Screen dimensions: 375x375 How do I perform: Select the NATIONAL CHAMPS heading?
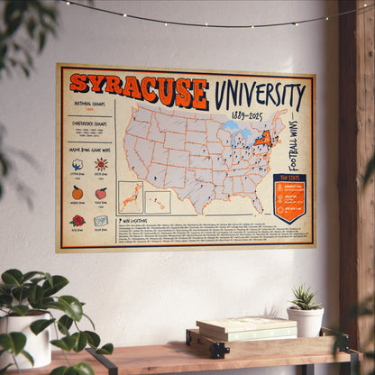[x=88, y=106]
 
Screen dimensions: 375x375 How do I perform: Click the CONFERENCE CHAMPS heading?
[x=88, y=123]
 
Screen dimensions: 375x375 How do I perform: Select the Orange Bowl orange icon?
[x=78, y=192]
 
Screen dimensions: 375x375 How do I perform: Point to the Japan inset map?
[x=130, y=197]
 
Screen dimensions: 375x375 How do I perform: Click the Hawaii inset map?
[x=158, y=201]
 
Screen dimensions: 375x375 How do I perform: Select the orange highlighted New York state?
[x=266, y=140]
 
